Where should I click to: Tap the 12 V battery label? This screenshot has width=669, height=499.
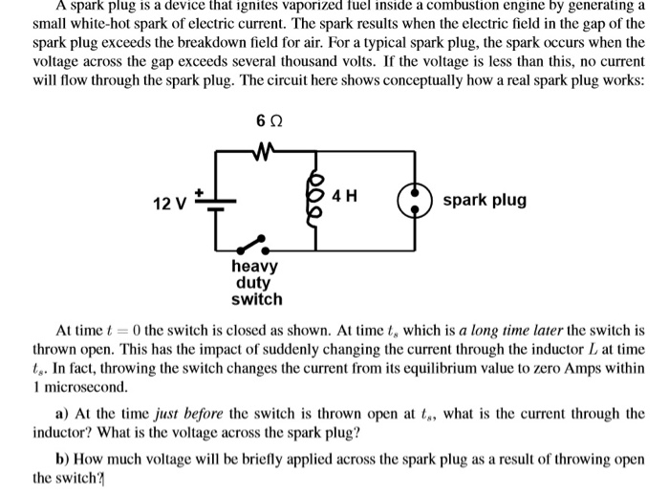[170, 203]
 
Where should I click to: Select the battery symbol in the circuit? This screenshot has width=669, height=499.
[215, 200]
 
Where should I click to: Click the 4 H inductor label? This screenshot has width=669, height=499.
[345, 197]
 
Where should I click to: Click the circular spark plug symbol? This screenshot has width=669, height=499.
[417, 202]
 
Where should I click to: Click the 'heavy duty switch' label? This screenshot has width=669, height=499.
[256, 282]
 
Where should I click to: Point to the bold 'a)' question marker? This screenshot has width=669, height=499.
[62, 414]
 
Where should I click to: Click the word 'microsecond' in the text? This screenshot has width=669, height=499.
[83, 389]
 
